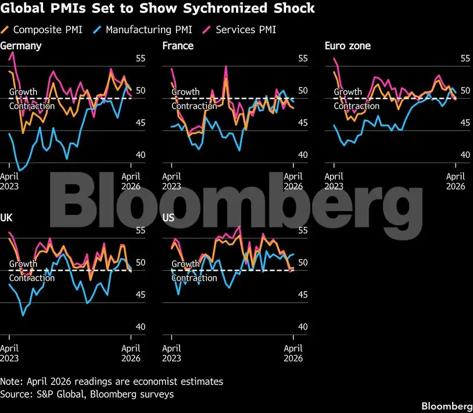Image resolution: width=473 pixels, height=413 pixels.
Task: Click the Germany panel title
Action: click(x=21, y=45)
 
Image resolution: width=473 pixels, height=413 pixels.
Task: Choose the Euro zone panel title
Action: click(x=347, y=45)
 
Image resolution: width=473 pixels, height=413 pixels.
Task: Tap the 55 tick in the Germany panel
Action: click(x=141, y=58)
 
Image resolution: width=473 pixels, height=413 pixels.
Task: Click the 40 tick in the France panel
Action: click(x=303, y=155)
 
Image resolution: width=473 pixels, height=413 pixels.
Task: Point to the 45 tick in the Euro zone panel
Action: click(x=465, y=123)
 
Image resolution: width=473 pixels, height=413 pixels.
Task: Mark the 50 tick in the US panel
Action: click(x=303, y=263)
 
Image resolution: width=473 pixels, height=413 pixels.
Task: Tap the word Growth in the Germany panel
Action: click(x=23, y=92)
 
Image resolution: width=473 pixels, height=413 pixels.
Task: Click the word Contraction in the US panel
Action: click(x=194, y=278)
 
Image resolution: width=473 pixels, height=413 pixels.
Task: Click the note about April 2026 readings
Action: click(x=112, y=382)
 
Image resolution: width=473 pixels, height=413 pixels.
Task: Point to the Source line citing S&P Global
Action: click(x=87, y=394)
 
